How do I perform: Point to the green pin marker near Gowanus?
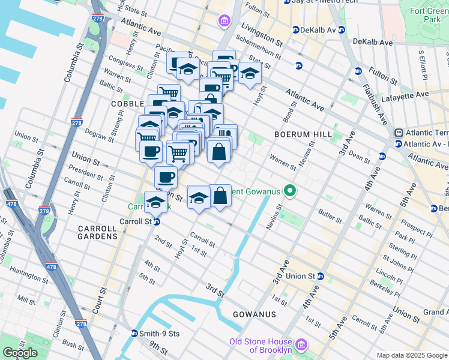click(290, 191)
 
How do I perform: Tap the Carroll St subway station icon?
click(156, 221)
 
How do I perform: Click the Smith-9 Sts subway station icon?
click(134, 333)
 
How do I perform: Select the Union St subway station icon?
click(321, 277)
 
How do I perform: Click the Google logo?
click(20, 353)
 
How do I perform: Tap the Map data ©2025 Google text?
click(411, 355)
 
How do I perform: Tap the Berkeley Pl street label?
click(385, 286)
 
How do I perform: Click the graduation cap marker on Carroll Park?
click(156, 201)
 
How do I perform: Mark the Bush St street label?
click(73, 345)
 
